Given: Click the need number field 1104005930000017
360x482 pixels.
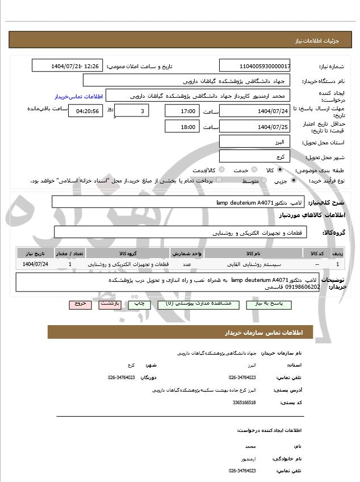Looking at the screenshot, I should point(254,66).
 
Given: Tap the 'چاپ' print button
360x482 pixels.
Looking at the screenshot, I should point(140,305).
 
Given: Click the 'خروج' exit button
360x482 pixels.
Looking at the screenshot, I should point(80,305).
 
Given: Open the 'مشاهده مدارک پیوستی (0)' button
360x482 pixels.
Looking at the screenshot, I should point(195,305).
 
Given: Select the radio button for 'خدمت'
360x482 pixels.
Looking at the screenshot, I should point(253,169).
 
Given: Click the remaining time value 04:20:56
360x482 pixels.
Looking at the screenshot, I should point(85,111).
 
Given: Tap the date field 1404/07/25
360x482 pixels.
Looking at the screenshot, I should point(254,126).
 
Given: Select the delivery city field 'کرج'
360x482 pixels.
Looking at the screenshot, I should point(254,156).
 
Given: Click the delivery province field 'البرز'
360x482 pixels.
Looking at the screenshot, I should point(254,141).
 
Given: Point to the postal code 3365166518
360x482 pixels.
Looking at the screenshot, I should point(244,402).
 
